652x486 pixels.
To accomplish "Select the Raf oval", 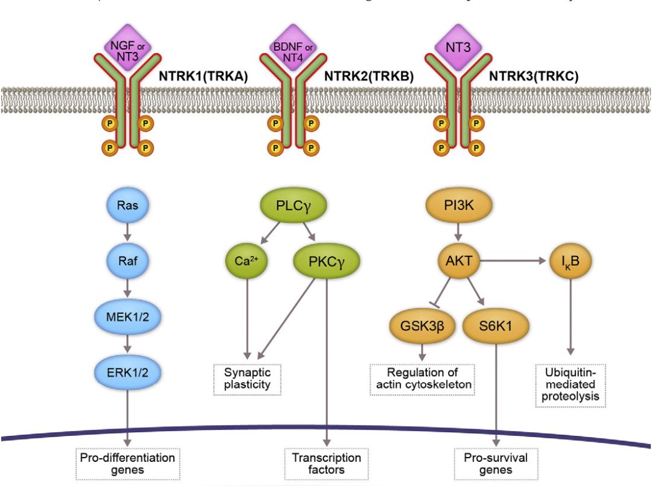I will [128, 263].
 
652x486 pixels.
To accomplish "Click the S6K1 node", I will [496, 327].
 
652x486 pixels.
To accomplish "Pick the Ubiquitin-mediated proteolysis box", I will [570, 383].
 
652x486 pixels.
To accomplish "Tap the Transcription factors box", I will [327, 463].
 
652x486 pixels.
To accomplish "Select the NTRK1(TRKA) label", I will [203, 77].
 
